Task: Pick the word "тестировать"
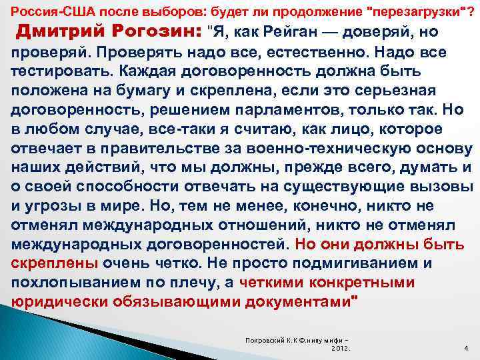click(x=57, y=71)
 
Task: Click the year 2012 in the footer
click(x=341, y=348)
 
